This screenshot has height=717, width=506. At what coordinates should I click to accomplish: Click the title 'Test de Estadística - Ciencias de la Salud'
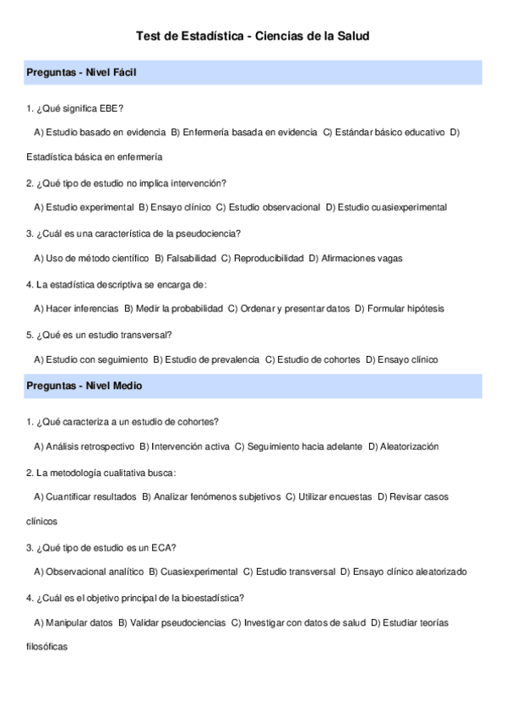point(253,36)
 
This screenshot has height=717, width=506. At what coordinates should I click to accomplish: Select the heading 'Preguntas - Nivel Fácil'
point(81,73)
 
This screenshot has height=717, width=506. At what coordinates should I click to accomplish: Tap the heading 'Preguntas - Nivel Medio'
point(84,386)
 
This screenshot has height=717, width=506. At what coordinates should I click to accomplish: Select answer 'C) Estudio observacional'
point(268,207)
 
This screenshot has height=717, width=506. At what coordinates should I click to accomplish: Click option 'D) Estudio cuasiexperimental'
point(386,207)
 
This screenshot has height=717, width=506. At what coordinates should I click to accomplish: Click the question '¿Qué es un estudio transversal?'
point(99,335)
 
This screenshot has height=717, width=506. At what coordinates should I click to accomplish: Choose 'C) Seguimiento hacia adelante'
point(298,446)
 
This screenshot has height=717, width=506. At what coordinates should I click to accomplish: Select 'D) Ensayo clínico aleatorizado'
point(403,572)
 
